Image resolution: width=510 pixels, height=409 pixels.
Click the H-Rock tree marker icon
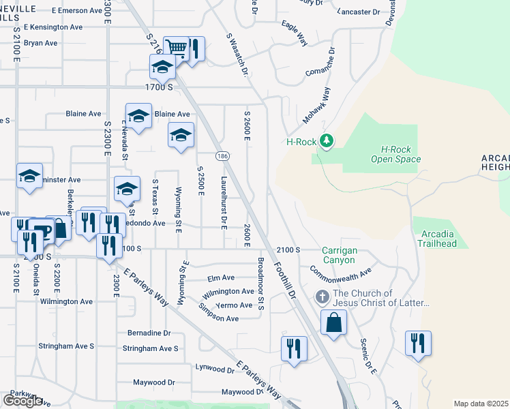pos(327,141)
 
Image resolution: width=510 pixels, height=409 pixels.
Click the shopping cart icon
pos(176,48)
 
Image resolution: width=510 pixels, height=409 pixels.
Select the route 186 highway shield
pos(223,156)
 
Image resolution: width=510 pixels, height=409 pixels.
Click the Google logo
pos(22,401)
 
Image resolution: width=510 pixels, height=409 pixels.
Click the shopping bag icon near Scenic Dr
pos(333,323)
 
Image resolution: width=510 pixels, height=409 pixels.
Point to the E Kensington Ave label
pos(52,27)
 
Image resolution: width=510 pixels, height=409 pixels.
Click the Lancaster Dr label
pos(357,12)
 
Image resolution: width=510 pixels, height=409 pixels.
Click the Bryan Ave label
pos(40,42)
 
